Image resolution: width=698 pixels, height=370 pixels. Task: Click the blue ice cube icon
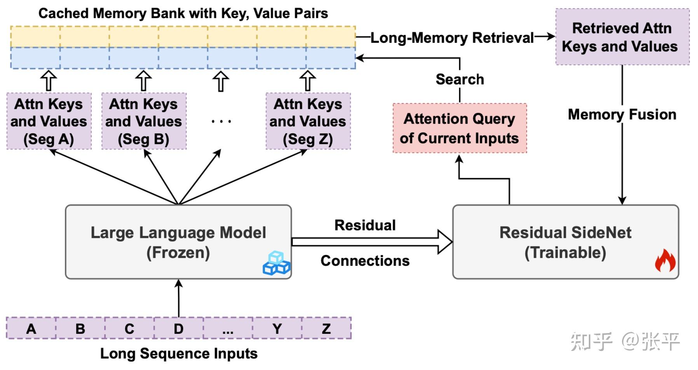(276, 263)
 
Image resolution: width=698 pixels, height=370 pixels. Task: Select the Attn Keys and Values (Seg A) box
(49, 121)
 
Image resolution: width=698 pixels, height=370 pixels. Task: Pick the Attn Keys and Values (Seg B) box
(144, 121)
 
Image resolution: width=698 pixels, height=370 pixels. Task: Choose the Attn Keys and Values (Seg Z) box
(308, 121)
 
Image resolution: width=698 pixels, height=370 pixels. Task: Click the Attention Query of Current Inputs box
(460, 128)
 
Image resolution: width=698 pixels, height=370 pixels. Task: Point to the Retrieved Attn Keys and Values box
(622, 37)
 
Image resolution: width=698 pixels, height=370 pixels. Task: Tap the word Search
(460, 79)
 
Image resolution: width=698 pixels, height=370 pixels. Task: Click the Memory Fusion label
(622, 115)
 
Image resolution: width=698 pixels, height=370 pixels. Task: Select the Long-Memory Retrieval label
(452, 38)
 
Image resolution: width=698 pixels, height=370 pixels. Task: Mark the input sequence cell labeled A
(31, 329)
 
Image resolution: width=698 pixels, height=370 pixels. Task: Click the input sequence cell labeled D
(178, 329)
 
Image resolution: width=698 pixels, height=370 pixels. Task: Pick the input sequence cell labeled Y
(277, 329)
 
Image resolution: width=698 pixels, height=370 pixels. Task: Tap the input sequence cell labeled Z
(326, 329)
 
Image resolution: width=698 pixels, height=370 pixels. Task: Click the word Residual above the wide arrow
(365, 225)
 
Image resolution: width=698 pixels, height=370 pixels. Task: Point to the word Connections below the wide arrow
(365, 261)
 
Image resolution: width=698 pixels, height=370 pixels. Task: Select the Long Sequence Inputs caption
(179, 354)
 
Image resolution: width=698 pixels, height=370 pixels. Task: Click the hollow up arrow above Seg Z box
(308, 80)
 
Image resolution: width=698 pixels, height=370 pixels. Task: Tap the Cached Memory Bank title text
(183, 14)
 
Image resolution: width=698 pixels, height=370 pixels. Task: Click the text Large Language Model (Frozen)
(178, 243)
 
